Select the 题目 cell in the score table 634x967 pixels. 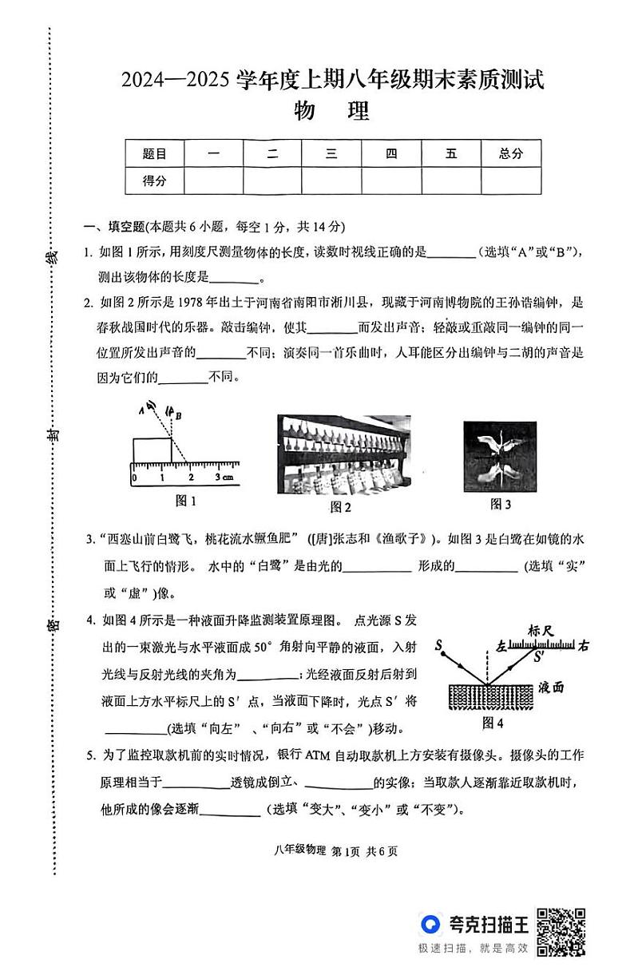point(154,154)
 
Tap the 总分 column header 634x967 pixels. point(510,154)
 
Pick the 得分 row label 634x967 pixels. point(154,180)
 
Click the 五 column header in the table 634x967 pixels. point(451,154)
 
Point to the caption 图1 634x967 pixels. point(185,501)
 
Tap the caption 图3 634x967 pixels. point(501,504)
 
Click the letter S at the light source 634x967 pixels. point(439,644)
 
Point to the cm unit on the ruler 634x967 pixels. point(228,478)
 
